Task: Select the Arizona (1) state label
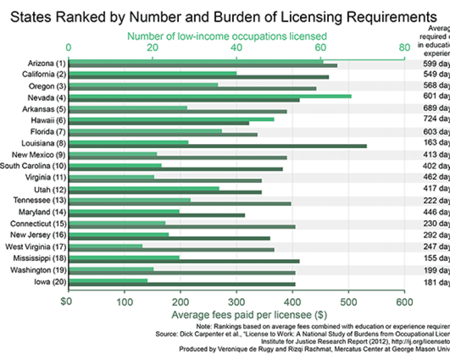(46, 63)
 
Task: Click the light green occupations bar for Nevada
(209, 95)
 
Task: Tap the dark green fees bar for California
(199, 77)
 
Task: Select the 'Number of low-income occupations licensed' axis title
(227, 37)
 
